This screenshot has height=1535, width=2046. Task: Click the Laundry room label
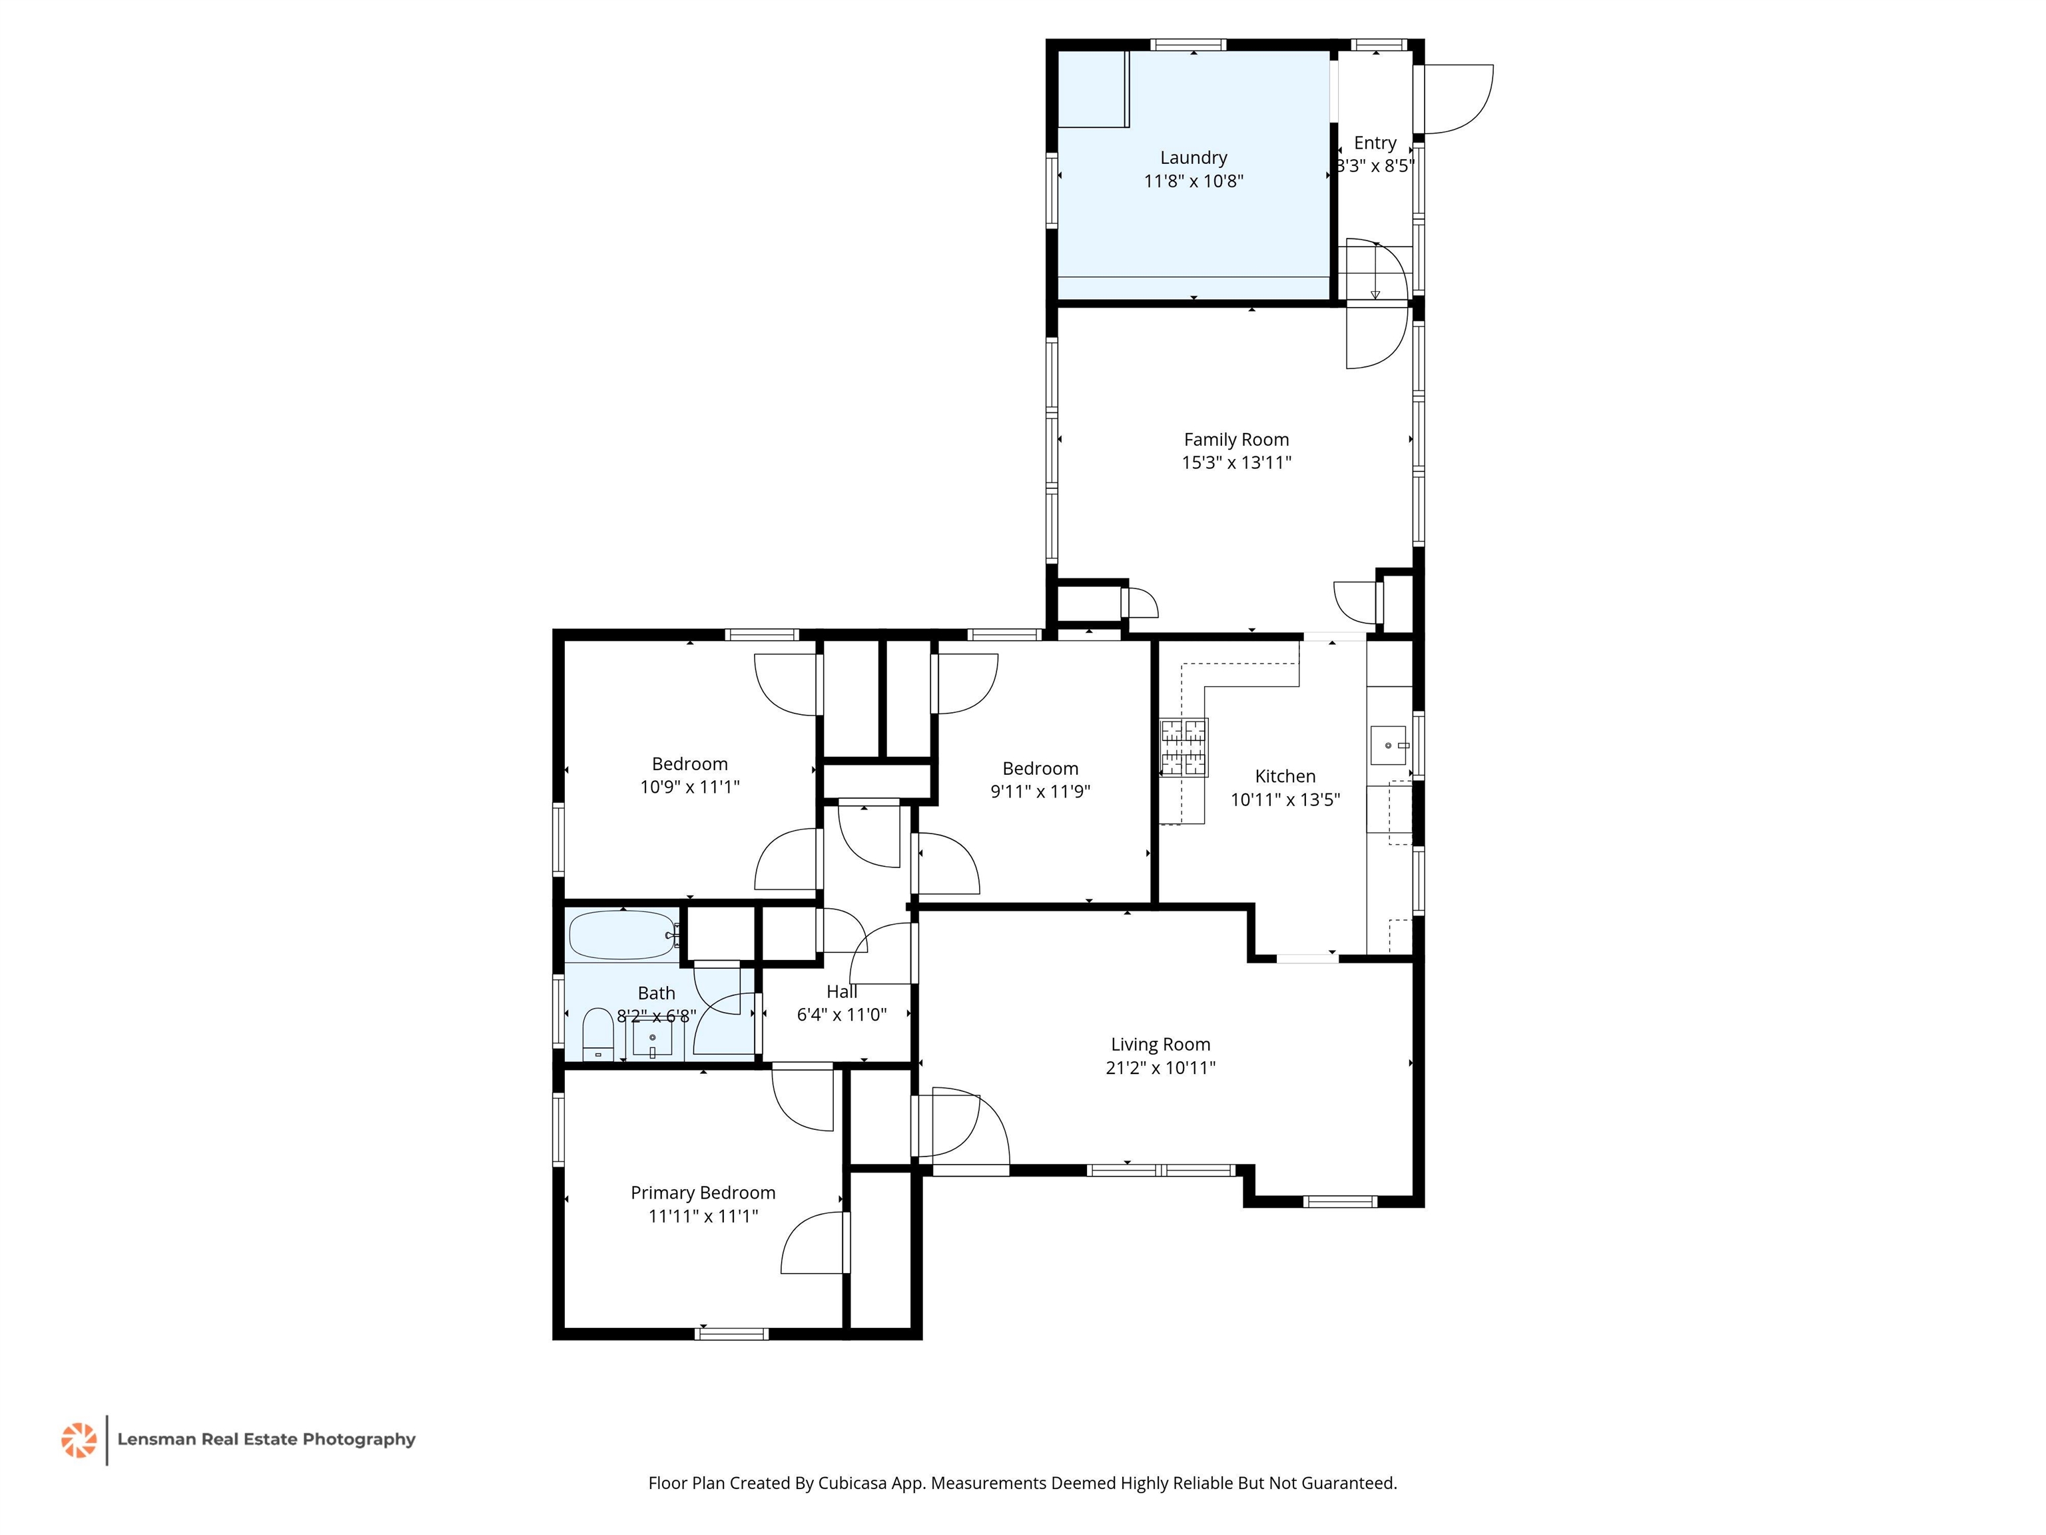(x=1193, y=158)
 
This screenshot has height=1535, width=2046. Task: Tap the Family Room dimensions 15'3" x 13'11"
(x=1237, y=462)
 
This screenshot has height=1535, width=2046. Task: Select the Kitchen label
(x=1285, y=776)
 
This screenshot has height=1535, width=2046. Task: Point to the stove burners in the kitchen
(x=1184, y=747)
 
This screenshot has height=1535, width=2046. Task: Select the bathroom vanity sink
(x=652, y=1038)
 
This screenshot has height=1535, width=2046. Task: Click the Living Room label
(x=1160, y=1045)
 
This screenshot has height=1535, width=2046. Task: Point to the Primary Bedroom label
(x=703, y=1193)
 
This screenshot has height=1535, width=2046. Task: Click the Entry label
(x=1375, y=143)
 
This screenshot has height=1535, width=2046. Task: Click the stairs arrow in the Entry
(x=1375, y=270)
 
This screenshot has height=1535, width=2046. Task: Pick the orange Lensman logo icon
(x=79, y=1440)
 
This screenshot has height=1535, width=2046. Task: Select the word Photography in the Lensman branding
(x=359, y=1440)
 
